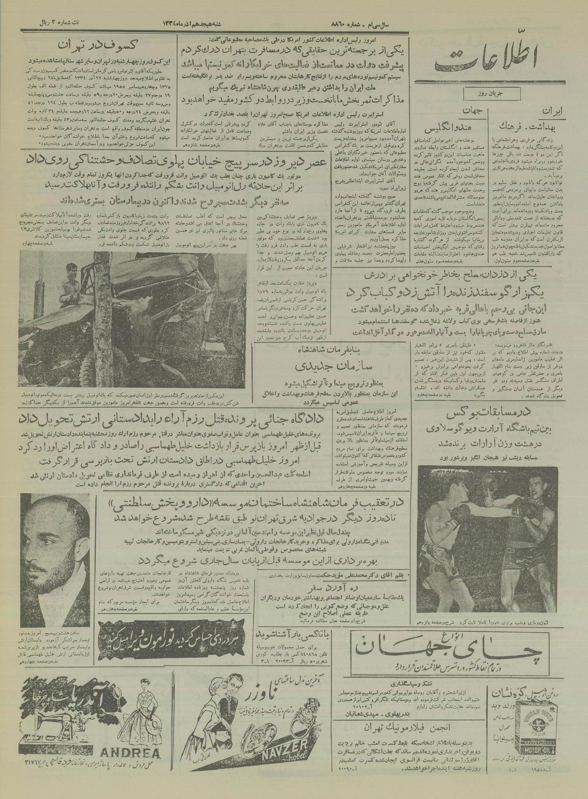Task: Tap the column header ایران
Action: [553, 111]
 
